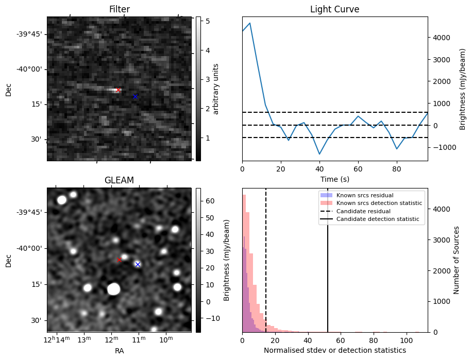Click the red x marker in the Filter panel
pos(118,90)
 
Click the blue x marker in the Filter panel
pos(135,96)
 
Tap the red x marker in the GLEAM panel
pos(119,260)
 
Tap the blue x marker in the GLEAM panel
pos(138,264)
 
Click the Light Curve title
pos(334,9)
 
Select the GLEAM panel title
pos(119,180)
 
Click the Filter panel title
pos(119,9)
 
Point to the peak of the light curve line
pos(250,23)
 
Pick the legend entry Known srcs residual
pos(364,195)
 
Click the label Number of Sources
pos(457,260)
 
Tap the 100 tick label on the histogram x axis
pos(407,340)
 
